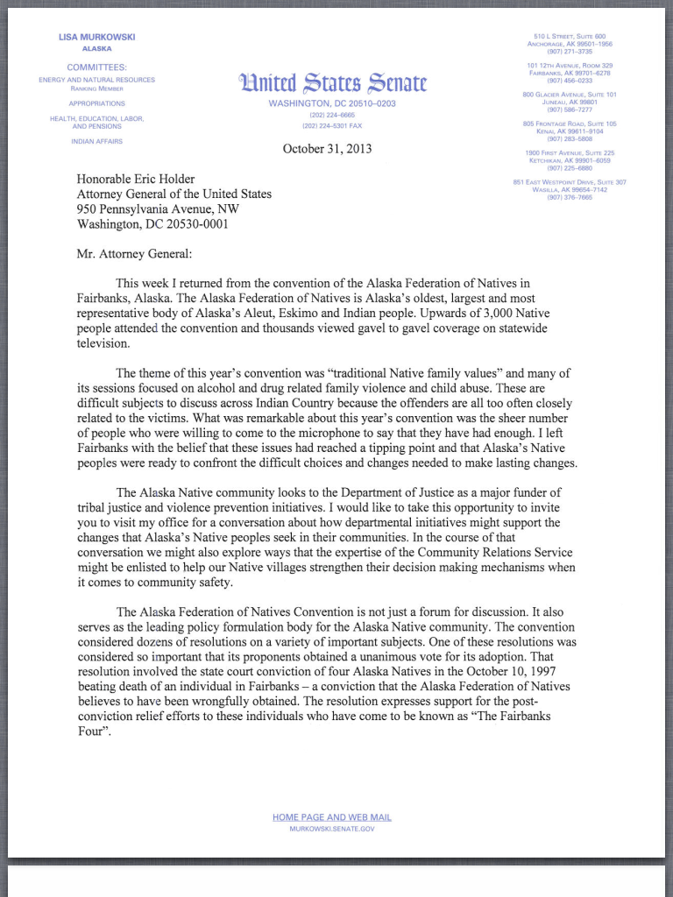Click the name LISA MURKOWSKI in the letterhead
coord(96,37)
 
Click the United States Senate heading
coord(332,84)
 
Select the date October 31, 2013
coord(327,149)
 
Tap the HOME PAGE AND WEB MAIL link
coord(332,817)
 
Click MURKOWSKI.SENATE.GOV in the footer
coord(332,828)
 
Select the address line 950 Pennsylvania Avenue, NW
coord(158,208)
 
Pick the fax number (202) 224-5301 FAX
coord(332,125)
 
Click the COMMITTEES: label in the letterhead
coord(96,67)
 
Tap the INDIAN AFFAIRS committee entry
coord(96,141)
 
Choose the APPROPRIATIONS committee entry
coord(96,103)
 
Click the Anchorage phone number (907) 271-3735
coord(570,51)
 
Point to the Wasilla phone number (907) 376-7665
coord(570,197)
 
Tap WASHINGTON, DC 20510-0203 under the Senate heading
coord(332,103)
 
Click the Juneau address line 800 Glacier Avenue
coord(570,95)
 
